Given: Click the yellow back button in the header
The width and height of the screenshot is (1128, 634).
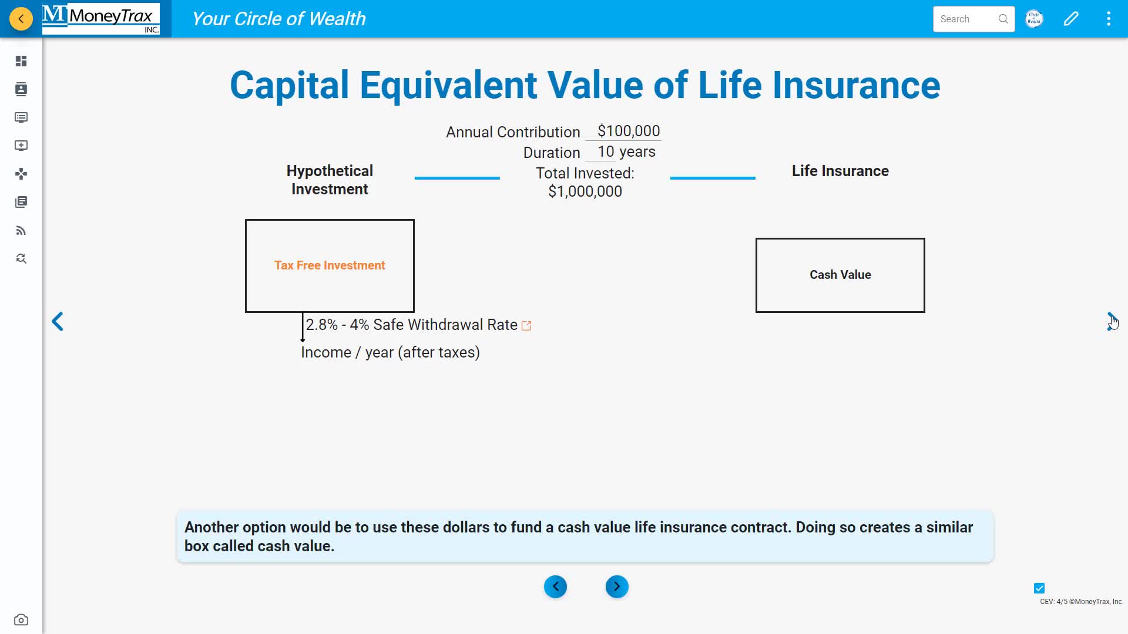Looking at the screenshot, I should pyautogui.click(x=21, y=19).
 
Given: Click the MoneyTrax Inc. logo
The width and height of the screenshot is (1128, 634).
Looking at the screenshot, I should pyautogui.click(x=101, y=19).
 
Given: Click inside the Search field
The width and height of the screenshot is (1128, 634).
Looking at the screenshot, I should pyautogui.click(x=966, y=19).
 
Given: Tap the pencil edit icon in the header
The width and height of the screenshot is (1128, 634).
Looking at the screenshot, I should pyautogui.click(x=1071, y=19).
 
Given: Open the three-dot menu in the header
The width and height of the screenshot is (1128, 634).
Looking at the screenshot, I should pyautogui.click(x=1109, y=19).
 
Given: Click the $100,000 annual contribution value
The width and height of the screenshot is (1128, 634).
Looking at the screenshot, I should pyautogui.click(x=628, y=131).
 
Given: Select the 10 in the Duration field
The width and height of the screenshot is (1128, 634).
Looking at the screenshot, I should pyautogui.click(x=605, y=151).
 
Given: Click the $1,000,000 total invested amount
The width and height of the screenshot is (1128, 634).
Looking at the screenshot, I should pyautogui.click(x=585, y=191).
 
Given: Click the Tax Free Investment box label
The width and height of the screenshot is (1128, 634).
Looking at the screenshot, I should pyautogui.click(x=330, y=265).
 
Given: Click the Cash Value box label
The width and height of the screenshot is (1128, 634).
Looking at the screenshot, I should pyautogui.click(x=840, y=275).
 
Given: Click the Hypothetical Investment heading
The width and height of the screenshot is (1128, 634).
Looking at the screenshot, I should pyautogui.click(x=330, y=180).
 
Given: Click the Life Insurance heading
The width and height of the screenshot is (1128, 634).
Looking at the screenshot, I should pyautogui.click(x=840, y=171).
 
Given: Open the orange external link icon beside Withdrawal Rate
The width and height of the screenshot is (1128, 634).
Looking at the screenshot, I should pyautogui.click(x=526, y=326).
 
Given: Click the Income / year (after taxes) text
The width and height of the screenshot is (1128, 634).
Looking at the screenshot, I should pyautogui.click(x=390, y=352).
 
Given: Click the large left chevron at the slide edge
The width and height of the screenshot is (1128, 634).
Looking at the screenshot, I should pyautogui.click(x=58, y=321).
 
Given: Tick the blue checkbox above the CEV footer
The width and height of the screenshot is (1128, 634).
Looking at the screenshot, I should pyautogui.click(x=1039, y=588).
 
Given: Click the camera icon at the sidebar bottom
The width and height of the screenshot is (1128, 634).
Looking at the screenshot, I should pyautogui.click(x=21, y=620).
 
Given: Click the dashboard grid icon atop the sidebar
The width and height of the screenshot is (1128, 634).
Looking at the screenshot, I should pyautogui.click(x=21, y=61).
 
